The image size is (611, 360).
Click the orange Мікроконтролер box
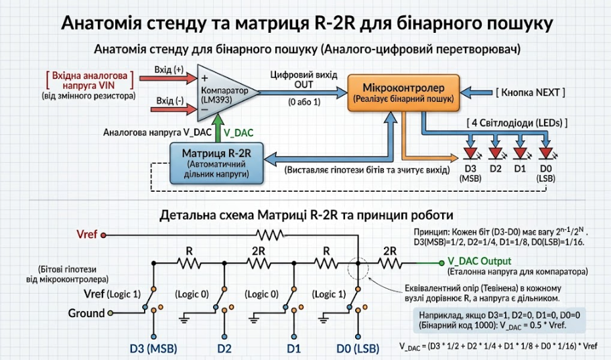point(403,93)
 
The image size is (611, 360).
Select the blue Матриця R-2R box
point(216,163)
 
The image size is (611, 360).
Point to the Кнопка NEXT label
point(531,93)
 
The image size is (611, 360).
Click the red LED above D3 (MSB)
point(471,153)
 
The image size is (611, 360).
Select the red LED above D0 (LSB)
point(546,153)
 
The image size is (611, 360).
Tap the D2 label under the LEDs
point(495,168)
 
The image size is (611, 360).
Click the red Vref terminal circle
point(103,235)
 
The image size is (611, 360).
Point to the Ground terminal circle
point(111,313)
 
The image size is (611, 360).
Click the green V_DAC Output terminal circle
point(442,263)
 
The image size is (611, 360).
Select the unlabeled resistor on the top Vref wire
point(270,235)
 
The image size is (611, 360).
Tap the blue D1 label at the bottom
point(293,348)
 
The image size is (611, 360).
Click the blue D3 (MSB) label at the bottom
point(153,348)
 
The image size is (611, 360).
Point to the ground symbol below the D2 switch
point(184,320)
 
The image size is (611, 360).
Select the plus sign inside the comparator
point(204,78)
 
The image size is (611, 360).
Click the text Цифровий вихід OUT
point(304,80)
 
